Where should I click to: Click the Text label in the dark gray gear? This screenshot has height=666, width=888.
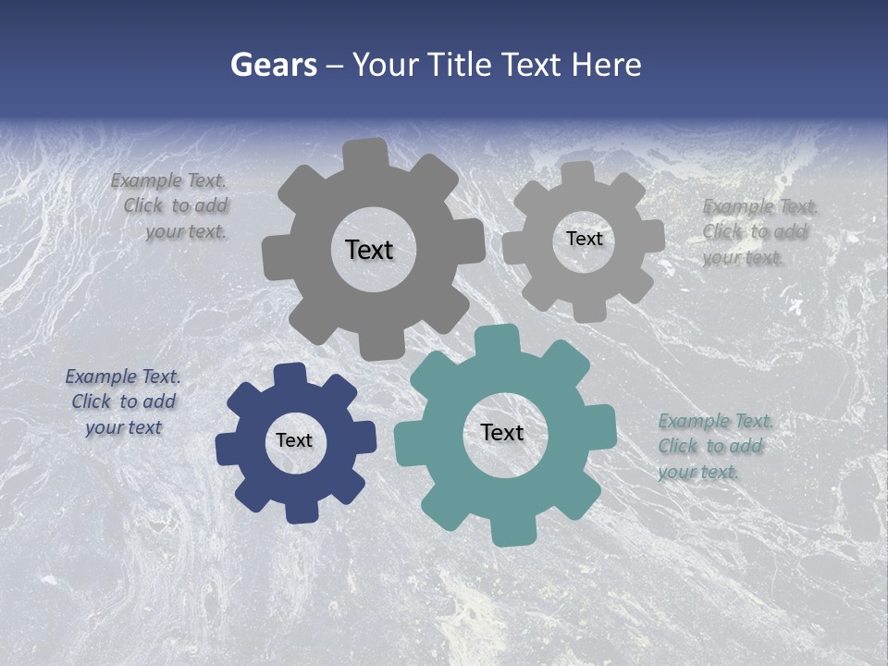(369, 250)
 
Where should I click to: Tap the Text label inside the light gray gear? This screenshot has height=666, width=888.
(584, 239)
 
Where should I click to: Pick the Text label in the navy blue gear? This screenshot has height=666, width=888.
(294, 440)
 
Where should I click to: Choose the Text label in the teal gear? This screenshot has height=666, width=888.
(502, 432)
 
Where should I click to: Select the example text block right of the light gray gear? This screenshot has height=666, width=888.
(757, 232)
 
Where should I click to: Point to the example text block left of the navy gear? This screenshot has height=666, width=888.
(124, 401)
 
